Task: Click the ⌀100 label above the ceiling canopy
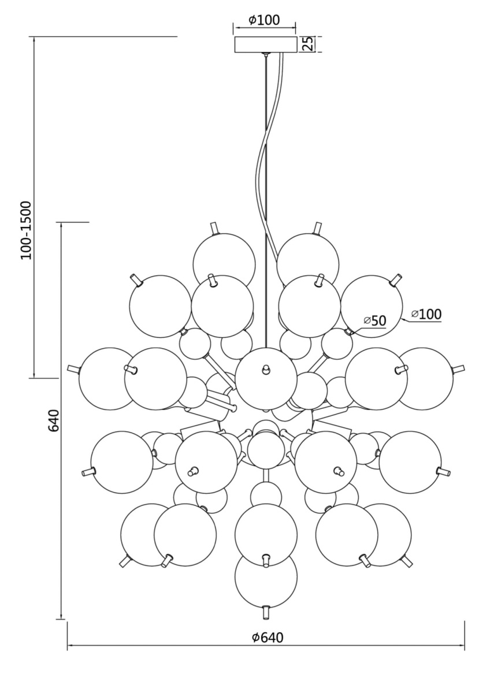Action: coord(264,20)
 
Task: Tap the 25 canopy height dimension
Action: coord(309,44)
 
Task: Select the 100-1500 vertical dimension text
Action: coord(27,230)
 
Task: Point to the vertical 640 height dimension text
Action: coord(53,420)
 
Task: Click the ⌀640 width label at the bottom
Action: coord(268,638)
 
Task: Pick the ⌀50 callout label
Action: coord(374,321)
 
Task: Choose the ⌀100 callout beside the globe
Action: coord(426,314)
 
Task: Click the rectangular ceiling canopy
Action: coord(265,44)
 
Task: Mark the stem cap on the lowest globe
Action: coord(266,611)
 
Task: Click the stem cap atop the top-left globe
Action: coord(215,227)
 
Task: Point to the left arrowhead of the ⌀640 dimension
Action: coord(69,645)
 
